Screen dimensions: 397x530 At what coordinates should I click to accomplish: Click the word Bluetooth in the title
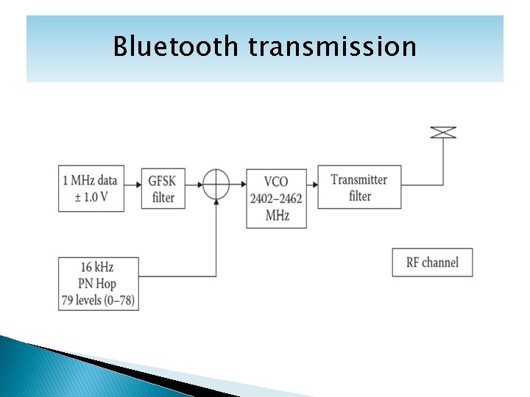coord(176,46)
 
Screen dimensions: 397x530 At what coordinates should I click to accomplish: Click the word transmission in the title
coord(332,46)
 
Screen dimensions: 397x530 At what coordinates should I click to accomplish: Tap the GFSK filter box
coord(163,189)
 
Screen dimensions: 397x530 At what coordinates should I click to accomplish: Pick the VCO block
coord(276,198)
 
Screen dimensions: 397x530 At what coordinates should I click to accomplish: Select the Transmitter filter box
coord(359,187)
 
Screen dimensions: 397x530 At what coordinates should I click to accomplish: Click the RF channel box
coord(432,262)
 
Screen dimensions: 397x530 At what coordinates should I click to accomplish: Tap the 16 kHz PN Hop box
coord(98,283)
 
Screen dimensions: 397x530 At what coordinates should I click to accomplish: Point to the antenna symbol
coord(443,132)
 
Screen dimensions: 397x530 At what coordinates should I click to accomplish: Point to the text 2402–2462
coord(276,198)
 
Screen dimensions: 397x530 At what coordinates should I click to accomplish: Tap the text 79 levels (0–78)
coord(98,299)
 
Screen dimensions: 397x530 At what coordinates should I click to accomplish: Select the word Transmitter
coord(359,179)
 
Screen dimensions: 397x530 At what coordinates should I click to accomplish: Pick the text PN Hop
coord(98,284)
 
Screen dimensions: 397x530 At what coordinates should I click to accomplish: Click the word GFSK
coord(163,181)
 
